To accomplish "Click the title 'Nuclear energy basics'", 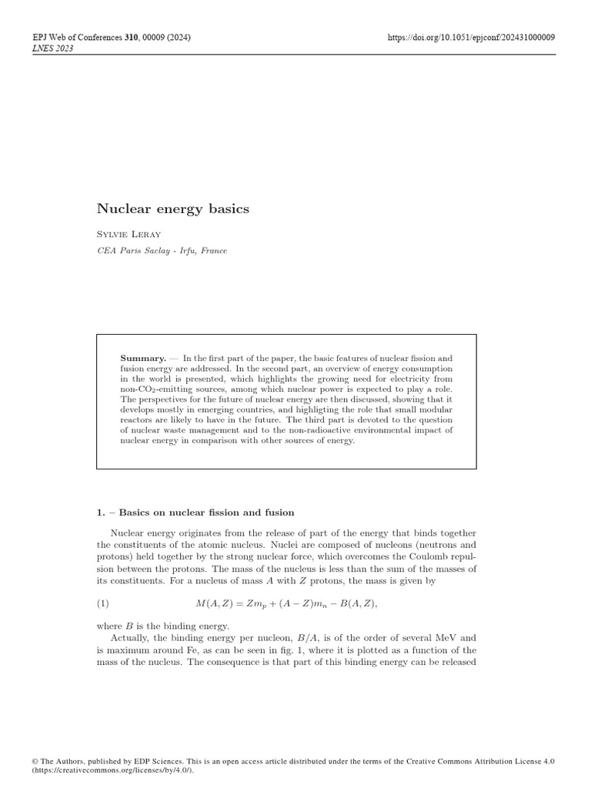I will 172,209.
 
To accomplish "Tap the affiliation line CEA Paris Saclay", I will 162,251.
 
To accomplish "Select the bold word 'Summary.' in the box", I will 143,358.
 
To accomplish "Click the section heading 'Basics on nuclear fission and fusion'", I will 206,513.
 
